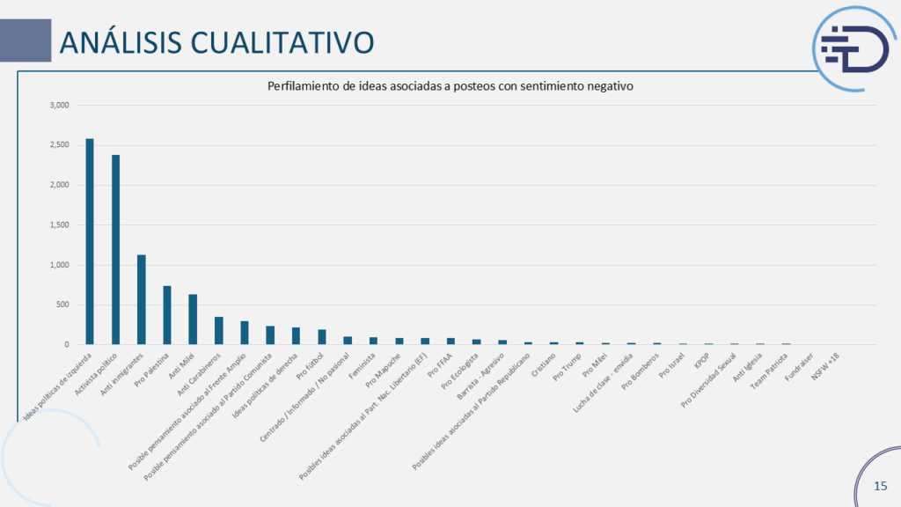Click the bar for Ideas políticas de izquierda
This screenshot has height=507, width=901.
click(90, 241)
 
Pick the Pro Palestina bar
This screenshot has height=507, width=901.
click(167, 315)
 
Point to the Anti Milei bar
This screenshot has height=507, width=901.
click(193, 320)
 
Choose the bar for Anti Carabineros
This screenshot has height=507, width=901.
click(218, 331)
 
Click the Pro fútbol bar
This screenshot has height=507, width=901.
click(322, 337)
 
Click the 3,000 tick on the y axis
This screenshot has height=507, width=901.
click(60, 106)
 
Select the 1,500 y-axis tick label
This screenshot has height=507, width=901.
click(60, 225)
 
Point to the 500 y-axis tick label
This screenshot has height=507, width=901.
click(63, 305)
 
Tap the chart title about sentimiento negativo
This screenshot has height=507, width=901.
click(450, 86)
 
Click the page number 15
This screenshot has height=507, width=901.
click(880, 486)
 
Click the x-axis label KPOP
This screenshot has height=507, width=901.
click(701, 359)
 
